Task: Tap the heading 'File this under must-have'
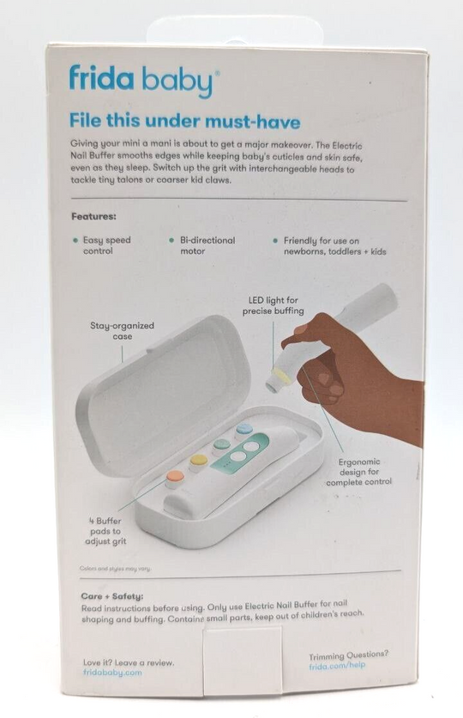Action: coord(185,121)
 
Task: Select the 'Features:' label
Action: coord(93,216)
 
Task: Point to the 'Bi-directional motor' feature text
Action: coord(207,245)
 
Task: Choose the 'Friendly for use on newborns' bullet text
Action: coord(335,246)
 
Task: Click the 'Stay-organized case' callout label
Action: coord(122,330)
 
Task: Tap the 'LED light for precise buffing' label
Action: coord(274,305)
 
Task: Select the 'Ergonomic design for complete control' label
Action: coord(359,472)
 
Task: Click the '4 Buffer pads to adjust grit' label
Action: coord(105,531)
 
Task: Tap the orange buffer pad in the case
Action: coord(175,477)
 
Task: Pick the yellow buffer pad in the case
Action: coord(199,461)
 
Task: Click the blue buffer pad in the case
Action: coord(244,430)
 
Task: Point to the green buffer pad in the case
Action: coord(222,444)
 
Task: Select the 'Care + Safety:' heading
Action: coord(112,596)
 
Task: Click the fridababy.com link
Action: coord(112,673)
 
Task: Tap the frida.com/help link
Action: coord(337,666)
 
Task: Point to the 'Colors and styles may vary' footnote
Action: coord(115,568)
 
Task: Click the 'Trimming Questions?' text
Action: coord(349,655)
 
